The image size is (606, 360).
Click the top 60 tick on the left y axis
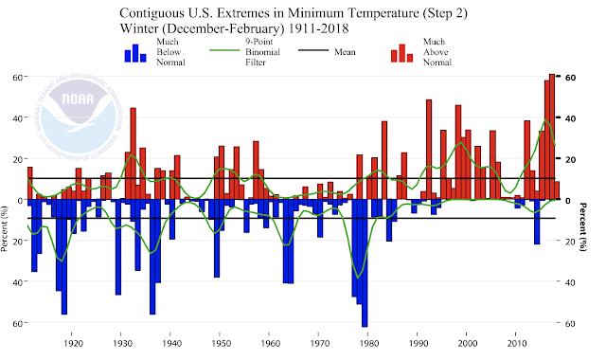pos(16,78)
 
